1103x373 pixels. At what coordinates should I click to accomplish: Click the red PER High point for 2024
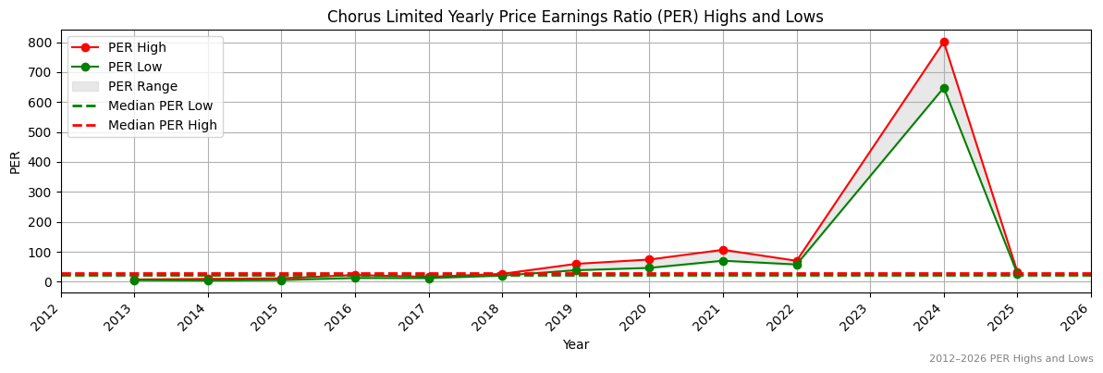click(944, 43)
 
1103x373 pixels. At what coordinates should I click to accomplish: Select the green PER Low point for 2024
click(944, 89)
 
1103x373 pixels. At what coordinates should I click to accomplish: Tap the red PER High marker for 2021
click(723, 250)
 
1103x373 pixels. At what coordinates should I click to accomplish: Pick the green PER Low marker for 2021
click(723, 261)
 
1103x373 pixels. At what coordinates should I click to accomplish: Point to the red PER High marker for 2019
click(576, 265)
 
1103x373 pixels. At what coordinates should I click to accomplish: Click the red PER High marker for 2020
click(649, 260)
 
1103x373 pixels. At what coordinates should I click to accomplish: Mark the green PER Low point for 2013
click(134, 280)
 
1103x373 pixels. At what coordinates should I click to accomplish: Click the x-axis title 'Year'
click(575, 345)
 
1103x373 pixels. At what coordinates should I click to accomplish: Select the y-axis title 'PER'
click(15, 161)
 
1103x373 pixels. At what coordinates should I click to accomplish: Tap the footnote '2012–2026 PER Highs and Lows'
click(1011, 359)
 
